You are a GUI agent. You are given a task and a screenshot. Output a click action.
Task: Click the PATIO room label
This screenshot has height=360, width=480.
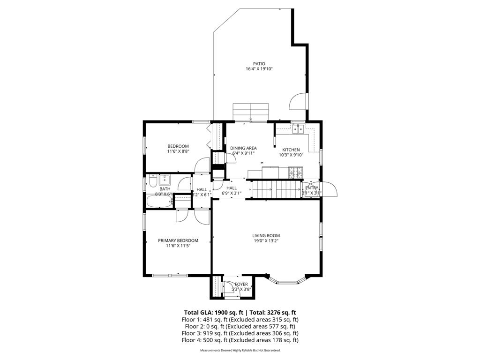(259, 64)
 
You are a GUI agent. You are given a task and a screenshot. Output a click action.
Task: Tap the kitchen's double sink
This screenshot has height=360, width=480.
(298, 129)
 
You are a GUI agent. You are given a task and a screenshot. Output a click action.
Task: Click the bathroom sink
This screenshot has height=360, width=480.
(164, 180)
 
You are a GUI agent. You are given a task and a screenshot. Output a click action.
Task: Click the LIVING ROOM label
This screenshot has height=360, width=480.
(266, 236)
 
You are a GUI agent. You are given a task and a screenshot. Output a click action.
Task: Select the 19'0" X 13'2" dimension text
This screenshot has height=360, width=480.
(266, 241)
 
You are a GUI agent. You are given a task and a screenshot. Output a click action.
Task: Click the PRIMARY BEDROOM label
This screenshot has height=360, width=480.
(178, 240)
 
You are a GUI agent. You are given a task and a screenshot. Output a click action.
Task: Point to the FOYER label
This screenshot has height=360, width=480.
(241, 284)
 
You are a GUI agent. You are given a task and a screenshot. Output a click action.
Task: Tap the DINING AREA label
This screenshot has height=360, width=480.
(243, 148)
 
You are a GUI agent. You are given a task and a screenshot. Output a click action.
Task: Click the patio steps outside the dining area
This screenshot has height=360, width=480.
(251, 112)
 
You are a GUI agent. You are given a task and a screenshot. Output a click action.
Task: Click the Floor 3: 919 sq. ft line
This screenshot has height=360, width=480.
(240, 333)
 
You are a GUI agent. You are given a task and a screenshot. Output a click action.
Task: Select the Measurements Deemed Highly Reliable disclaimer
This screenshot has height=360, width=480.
(240, 350)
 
